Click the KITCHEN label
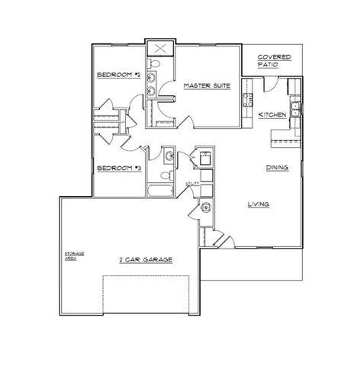[x=272, y=114]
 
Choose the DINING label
[x=276, y=167]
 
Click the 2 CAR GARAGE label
[x=145, y=259]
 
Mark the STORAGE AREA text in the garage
[x=74, y=255]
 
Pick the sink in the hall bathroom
[x=169, y=155]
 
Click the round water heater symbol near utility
[x=204, y=207]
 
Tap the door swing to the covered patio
[x=268, y=84]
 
